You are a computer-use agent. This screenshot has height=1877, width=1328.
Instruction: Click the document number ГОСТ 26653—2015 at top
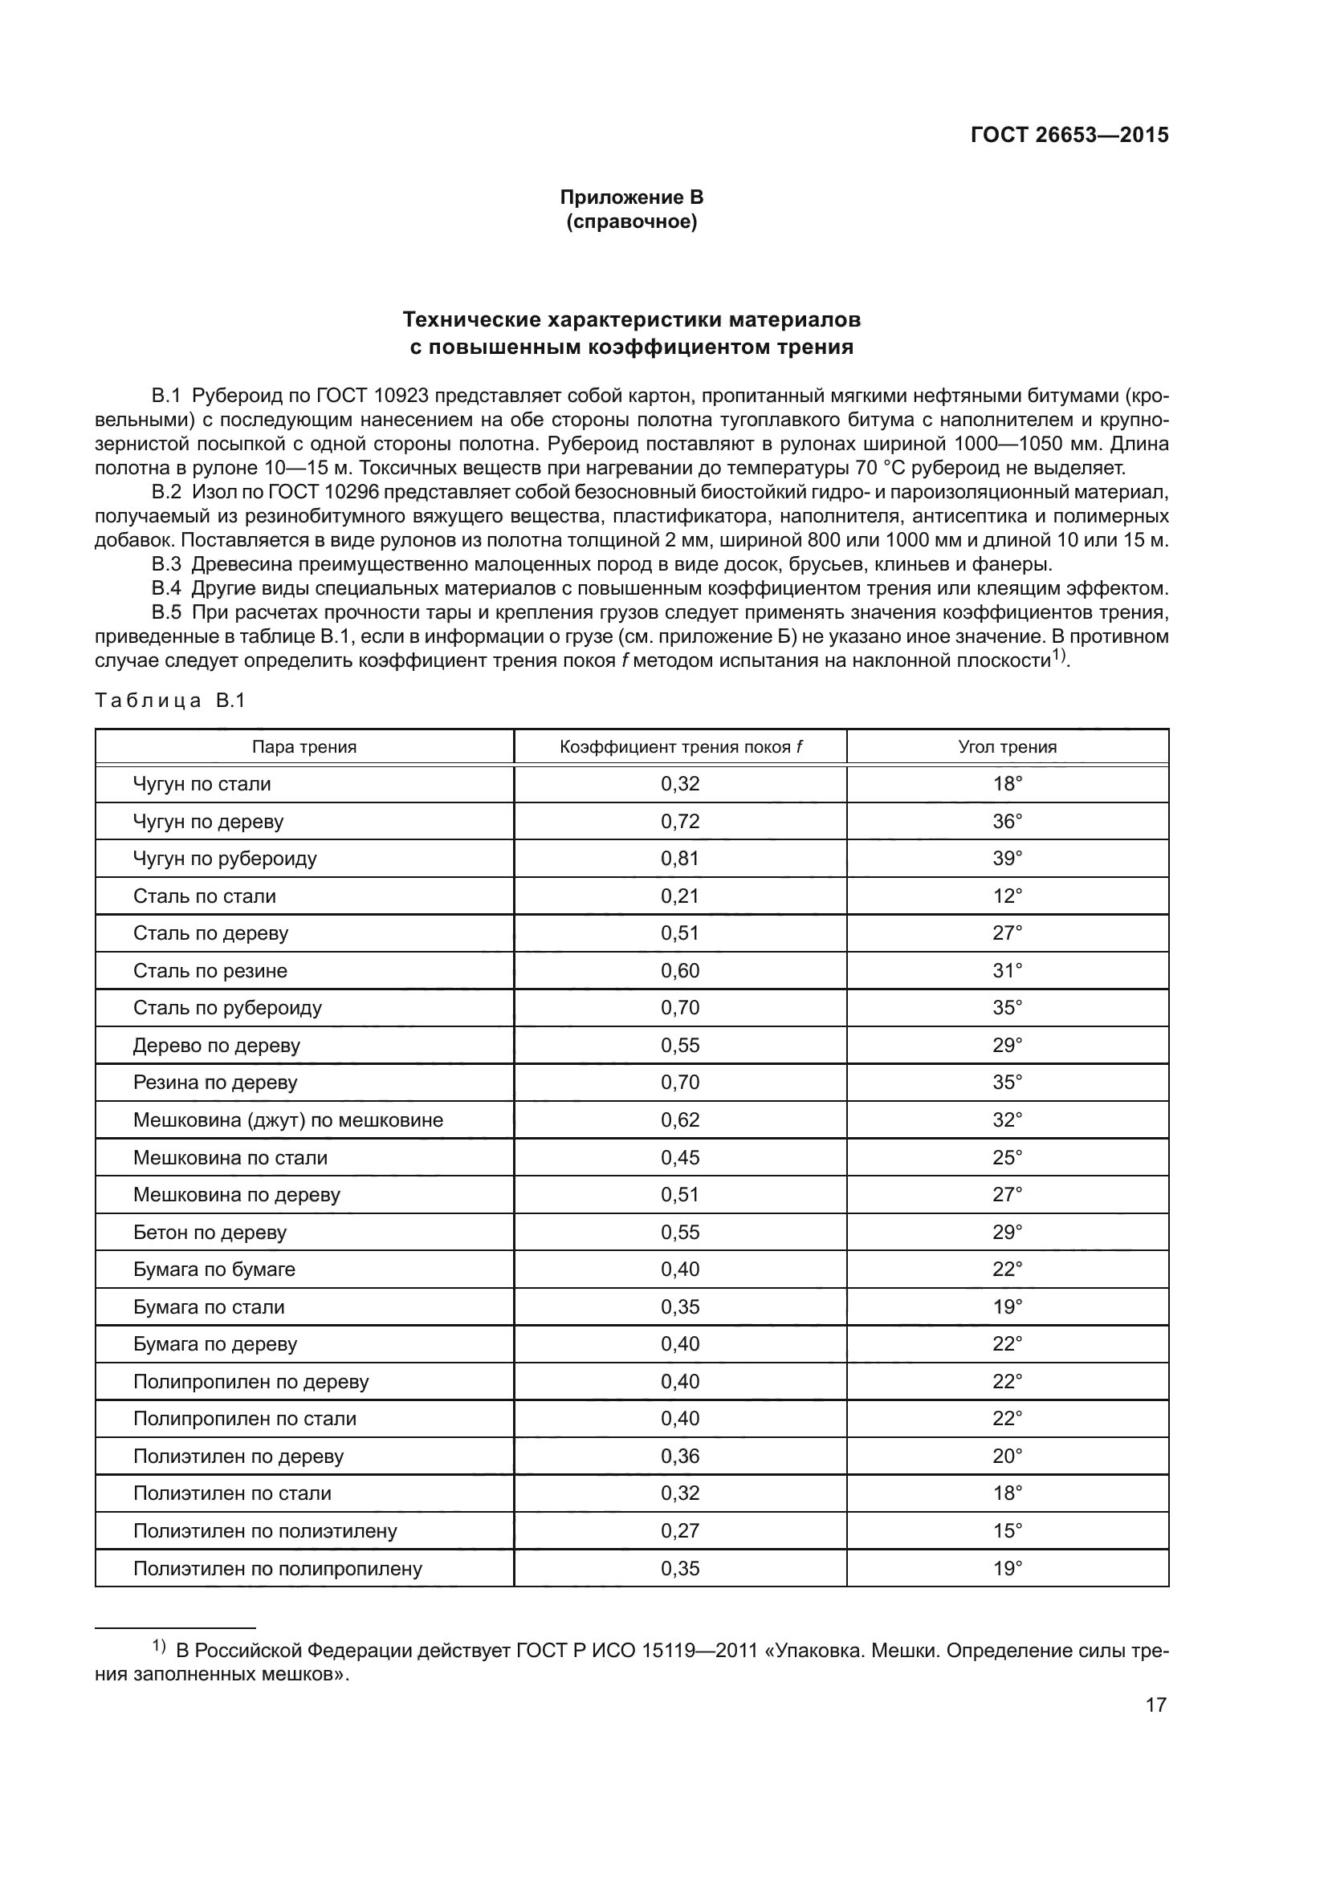(1069, 135)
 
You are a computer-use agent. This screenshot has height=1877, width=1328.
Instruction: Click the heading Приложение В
(631, 197)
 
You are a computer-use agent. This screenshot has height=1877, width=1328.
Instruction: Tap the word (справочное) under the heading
(631, 221)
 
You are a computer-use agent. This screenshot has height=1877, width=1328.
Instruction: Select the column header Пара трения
(303, 746)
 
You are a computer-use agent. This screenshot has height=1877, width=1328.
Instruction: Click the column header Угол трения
(1007, 746)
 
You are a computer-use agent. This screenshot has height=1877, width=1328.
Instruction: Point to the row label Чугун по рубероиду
(225, 859)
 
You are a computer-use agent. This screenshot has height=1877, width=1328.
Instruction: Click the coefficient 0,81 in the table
(679, 859)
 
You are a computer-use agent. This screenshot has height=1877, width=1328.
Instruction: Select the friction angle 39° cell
(1007, 859)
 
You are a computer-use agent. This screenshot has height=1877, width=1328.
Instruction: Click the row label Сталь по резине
(210, 970)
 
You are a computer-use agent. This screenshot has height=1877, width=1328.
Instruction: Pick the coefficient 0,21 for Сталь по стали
(679, 896)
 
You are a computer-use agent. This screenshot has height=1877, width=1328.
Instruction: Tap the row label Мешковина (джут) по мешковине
(288, 1120)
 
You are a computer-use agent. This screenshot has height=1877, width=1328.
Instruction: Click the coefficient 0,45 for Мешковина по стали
(679, 1158)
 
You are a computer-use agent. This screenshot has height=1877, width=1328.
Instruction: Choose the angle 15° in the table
(1007, 1531)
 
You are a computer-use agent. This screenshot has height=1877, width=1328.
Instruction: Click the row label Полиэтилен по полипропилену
(277, 1569)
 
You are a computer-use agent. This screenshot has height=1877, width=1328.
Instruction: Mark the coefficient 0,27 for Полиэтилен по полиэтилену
(679, 1531)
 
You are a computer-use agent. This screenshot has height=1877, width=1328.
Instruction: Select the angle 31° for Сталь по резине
(1007, 970)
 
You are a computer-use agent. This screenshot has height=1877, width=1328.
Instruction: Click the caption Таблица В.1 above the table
(170, 701)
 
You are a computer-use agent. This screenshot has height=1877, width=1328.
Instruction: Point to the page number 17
(1155, 1704)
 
